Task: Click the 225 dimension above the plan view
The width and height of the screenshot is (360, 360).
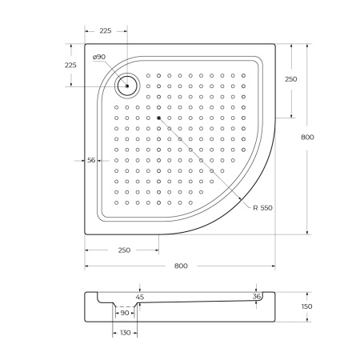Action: pos(106,31)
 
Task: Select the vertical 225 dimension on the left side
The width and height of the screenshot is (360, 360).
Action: pos(70,66)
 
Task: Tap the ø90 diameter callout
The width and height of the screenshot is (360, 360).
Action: pos(99,57)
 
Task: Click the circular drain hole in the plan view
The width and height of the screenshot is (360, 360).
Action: pos(126,85)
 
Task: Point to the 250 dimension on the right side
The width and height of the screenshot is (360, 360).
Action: pos(290,79)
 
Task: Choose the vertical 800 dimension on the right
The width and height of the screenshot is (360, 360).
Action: pos(307,137)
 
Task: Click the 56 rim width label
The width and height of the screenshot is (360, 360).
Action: pos(91,161)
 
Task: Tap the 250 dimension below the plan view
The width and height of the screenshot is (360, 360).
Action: pos(124,250)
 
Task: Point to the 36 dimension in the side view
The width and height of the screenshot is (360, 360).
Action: pos(256,297)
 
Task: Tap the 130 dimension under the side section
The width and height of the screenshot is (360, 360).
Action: pos(125,332)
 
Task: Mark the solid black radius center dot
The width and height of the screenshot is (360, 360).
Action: pos(159,118)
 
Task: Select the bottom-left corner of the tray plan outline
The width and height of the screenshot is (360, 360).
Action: pos(85,234)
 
